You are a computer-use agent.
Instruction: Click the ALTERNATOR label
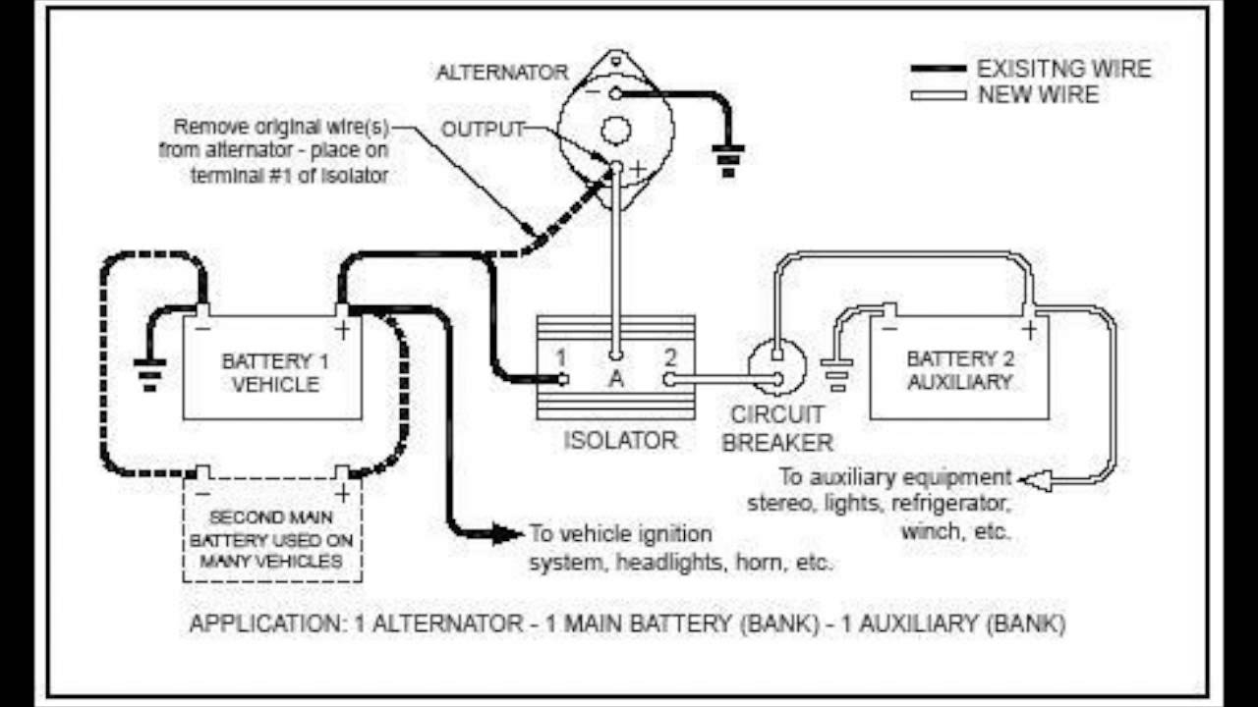(502, 73)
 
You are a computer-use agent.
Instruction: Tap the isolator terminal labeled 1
(561, 379)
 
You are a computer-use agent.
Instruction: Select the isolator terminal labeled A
(615, 356)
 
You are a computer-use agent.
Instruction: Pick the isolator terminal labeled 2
(669, 379)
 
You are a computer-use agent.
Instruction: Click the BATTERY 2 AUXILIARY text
(958, 370)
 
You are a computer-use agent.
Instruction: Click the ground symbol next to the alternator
(727, 160)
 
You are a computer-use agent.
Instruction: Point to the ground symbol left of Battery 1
(149, 374)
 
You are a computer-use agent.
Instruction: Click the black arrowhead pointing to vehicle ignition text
(507, 533)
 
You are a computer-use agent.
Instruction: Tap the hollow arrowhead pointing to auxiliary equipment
(1033, 480)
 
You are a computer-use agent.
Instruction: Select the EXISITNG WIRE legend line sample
(938, 69)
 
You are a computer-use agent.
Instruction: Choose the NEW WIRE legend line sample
(938, 95)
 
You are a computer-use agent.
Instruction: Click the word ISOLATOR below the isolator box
(620, 440)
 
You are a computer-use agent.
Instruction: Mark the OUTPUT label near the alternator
(482, 130)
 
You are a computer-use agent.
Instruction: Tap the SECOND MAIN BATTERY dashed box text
(271, 539)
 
